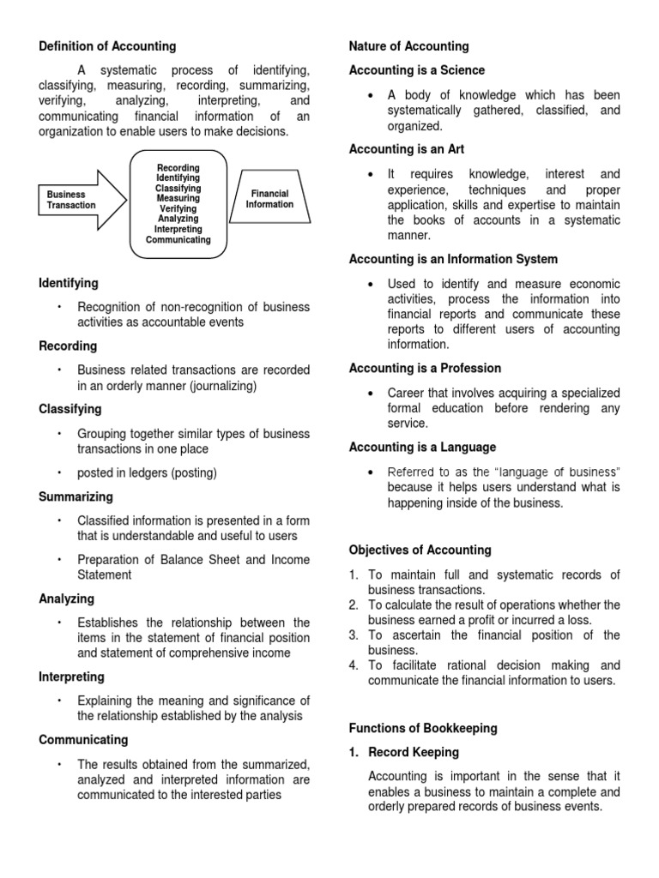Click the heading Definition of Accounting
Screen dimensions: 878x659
107,46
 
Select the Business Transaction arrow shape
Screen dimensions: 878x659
78,200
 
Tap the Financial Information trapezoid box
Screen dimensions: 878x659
269,199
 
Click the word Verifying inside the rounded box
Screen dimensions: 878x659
178,209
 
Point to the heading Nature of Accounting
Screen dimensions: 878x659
409,46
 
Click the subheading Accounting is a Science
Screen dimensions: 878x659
417,70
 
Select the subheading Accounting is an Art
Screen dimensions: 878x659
407,149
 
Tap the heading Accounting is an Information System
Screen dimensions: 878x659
453,259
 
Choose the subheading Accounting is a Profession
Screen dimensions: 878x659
425,368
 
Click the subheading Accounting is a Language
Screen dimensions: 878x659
422,447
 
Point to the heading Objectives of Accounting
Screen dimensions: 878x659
420,550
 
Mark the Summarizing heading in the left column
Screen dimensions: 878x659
76,496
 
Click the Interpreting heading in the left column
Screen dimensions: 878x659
72,677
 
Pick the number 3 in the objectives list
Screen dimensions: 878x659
354,635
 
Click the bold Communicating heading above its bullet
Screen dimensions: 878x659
83,739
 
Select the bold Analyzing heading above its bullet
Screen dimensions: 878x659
67,598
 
